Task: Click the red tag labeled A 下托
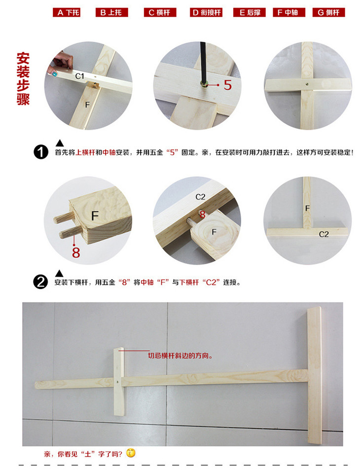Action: tap(67, 13)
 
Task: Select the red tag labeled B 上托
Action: tap(111, 13)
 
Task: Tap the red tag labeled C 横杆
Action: tap(160, 13)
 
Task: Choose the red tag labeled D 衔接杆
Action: tap(206, 13)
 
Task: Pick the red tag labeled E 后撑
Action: tap(250, 13)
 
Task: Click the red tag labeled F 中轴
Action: tap(288, 13)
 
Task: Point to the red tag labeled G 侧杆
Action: tap(329, 13)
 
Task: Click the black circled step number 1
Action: tap(41, 152)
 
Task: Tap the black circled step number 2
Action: tap(40, 282)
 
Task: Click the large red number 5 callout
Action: tap(228, 85)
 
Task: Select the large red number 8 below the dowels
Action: tap(76, 252)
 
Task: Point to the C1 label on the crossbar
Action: tap(79, 76)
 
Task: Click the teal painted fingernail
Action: tap(55, 73)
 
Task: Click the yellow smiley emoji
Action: tap(131, 453)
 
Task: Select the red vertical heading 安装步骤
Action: tap(23, 78)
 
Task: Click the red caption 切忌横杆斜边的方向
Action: tap(180, 356)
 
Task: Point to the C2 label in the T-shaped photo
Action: tap(324, 234)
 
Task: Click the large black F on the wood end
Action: tap(95, 216)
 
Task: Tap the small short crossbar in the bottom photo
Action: tap(119, 382)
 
